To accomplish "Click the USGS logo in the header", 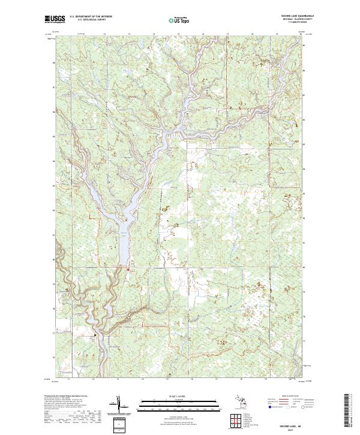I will (55, 20).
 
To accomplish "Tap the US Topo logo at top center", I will (181, 20).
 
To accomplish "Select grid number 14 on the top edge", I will (154, 35).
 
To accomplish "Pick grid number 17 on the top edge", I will (227, 35).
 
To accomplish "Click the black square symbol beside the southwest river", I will (95, 334).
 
